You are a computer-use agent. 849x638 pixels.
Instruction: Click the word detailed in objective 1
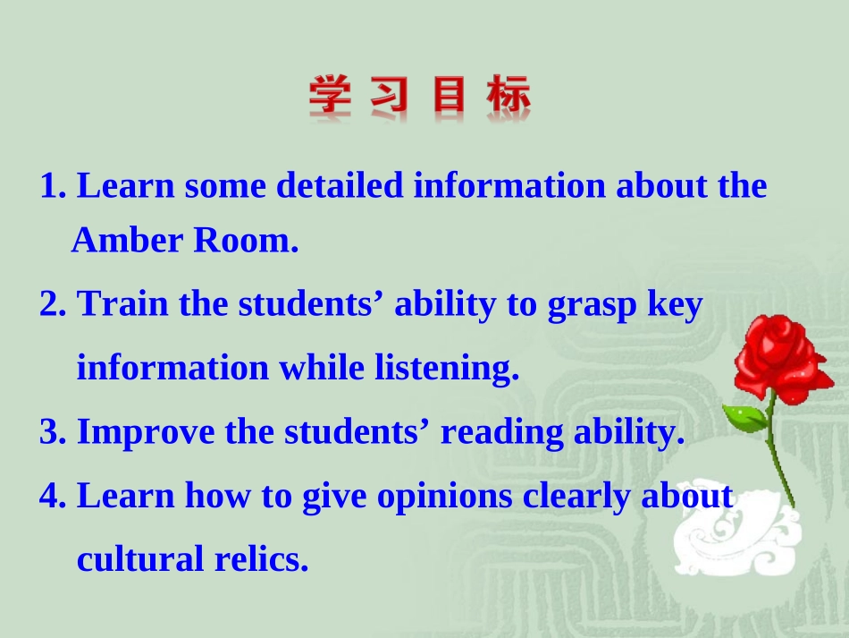(343, 186)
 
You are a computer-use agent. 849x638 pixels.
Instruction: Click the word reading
(497, 433)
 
